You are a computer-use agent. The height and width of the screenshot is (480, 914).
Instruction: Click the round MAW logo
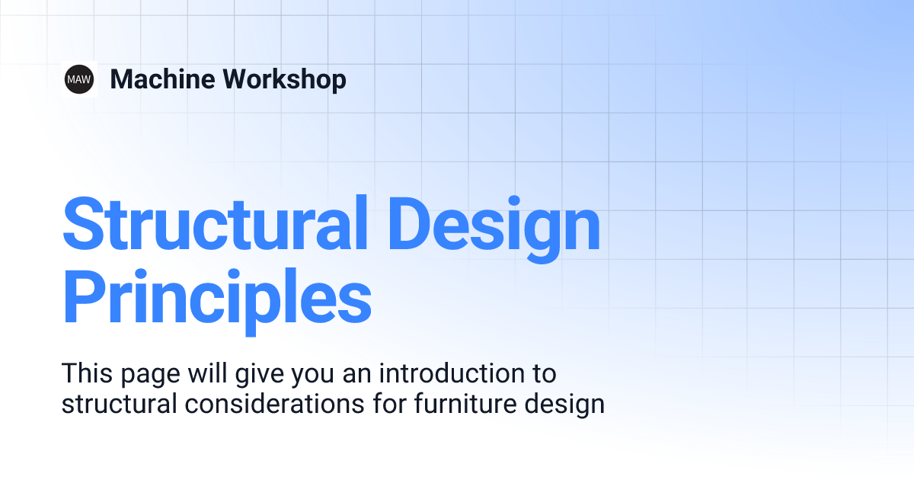[x=79, y=79]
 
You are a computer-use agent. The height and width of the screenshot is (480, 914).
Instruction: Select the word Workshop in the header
[x=284, y=79]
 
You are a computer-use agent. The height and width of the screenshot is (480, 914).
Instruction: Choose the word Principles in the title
[x=216, y=299]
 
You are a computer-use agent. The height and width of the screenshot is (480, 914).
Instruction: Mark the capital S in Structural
[x=86, y=226]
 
